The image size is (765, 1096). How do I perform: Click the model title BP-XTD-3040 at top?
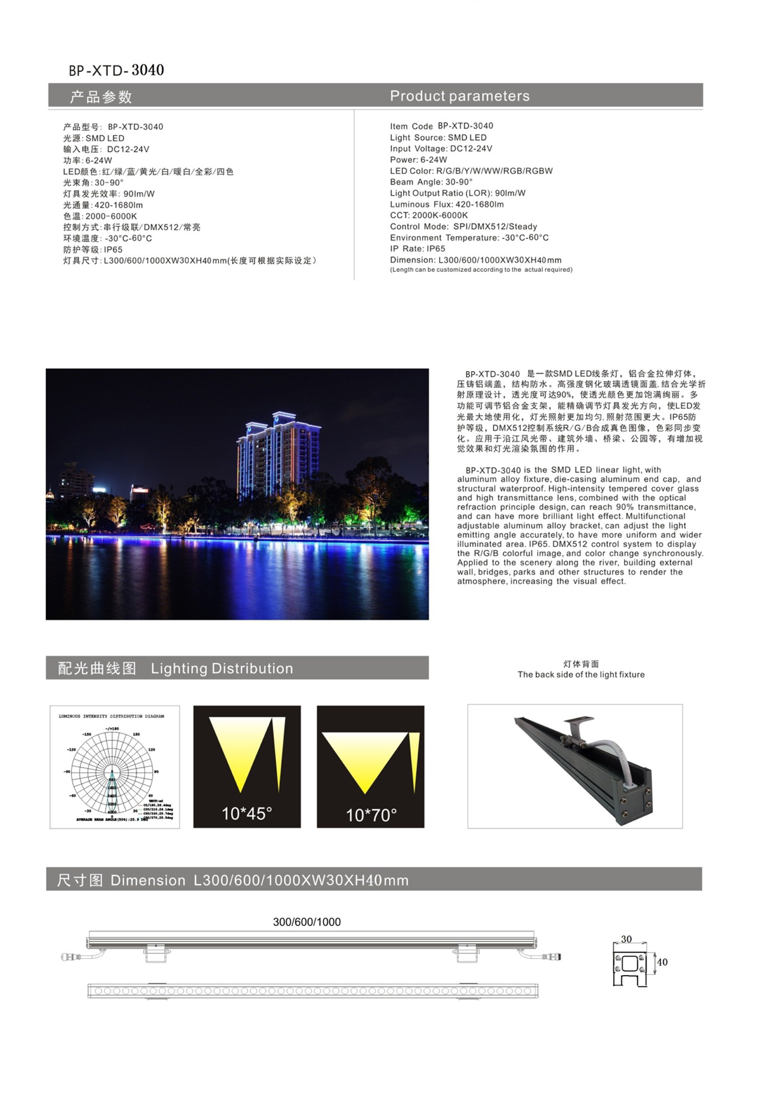click(116, 70)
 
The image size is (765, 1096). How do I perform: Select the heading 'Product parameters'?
click(459, 96)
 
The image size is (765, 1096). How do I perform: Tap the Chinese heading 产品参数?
click(101, 97)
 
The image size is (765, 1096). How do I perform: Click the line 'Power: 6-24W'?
click(418, 160)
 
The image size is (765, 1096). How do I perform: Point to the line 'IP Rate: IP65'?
click(417, 249)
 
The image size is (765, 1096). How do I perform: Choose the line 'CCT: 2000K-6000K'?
click(429, 215)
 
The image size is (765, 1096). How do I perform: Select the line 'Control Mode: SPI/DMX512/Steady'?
click(463, 227)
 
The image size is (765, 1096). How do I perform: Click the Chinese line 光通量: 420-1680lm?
click(103, 205)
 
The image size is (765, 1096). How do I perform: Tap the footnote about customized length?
click(481, 270)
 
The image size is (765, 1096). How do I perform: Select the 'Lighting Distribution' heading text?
click(222, 668)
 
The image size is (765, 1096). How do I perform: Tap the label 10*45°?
click(247, 813)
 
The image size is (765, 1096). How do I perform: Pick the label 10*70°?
click(371, 815)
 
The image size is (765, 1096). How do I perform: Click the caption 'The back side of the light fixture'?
click(581, 675)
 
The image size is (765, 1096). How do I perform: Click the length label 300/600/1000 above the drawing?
click(306, 922)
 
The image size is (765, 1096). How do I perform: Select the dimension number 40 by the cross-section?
click(662, 962)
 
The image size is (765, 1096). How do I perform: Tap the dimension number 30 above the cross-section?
click(626, 939)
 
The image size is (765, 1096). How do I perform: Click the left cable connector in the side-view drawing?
click(72, 956)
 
